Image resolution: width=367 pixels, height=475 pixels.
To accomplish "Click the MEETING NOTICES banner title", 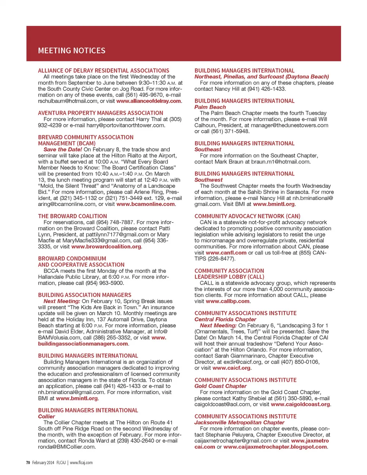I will click(x=71, y=51).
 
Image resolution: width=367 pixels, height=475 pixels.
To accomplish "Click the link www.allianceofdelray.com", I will click(x=148, y=101).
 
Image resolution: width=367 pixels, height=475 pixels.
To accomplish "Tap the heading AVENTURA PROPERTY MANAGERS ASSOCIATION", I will click(x=101, y=113).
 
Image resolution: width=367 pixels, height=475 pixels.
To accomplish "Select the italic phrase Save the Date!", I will click(x=63, y=150).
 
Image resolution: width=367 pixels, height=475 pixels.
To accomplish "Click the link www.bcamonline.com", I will click(x=145, y=204).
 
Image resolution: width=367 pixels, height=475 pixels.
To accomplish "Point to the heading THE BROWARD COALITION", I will click(x=72, y=216).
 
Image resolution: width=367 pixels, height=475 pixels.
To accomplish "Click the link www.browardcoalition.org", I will click(x=106, y=246).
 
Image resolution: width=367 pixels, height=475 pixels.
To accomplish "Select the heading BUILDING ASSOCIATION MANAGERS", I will click(x=84, y=295).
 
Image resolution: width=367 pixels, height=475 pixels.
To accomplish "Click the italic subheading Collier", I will click(x=46, y=417).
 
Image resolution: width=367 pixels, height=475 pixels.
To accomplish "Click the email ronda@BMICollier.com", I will click(x=66, y=447).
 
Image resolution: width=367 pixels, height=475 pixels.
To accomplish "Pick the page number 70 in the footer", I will click(x=28, y=463).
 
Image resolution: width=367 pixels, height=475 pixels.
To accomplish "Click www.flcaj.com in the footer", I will click(x=81, y=463).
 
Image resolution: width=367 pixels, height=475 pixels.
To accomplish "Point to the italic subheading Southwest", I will click(x=208, y=180).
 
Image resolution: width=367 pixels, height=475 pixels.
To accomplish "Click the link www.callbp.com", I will click(x=227, y=301).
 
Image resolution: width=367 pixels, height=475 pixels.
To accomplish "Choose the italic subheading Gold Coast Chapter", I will click(x=220, y=386).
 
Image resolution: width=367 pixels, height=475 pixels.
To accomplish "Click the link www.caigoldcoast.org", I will click(x=300, y=404).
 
